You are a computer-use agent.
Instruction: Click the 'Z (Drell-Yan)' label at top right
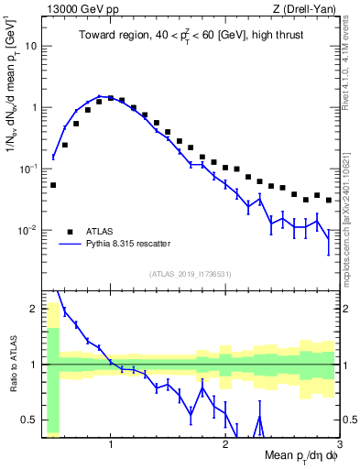(307, 10)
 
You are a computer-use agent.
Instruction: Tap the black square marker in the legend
(70, 232)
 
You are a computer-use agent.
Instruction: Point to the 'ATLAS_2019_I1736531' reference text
(191, 273)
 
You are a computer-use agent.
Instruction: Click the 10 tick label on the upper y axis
(30, 46)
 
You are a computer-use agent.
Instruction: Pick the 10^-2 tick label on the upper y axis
(27, 230)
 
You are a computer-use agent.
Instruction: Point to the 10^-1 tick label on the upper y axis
(27, 169)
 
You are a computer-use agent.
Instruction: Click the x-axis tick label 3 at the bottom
(339, 444)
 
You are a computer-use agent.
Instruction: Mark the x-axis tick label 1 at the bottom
(111, 444)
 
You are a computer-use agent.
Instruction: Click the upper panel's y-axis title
(11, 110)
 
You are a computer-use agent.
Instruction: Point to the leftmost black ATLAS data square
(53, 185)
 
